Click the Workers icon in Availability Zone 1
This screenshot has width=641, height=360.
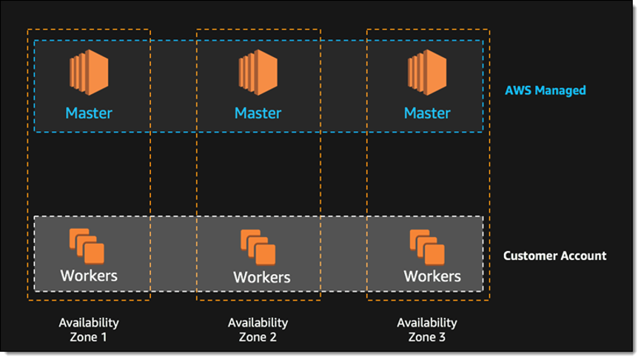pyautogui.click(x=87, y=246)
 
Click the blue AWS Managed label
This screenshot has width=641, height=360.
pyautogui.click(x=545, y=90)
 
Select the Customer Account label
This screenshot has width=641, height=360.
pyautogui.click(x=554, y=256)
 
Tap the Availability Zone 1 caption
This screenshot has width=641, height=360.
pyautogui.click(x=89, y=330)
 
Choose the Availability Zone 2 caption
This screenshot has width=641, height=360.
pyautogui.click(x=258, y=330)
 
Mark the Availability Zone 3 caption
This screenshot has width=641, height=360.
pyautogui.click(x=427, y=330)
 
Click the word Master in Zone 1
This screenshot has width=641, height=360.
pyautogui.click(x=89, y=113)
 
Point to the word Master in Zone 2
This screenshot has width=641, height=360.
pyautogui.click(x=258, y=113)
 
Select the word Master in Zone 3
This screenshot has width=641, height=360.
pyautogui.click(x=427, y=113)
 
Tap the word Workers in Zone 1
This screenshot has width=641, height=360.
pyautogui.click(x=89, y=276)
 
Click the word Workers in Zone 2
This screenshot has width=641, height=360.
pyautogui.click(x=262, y=277)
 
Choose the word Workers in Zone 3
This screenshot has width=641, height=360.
pyautogui.click(x=432, y=276)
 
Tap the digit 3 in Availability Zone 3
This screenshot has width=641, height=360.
pyautogui.click(x=443, y=337)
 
